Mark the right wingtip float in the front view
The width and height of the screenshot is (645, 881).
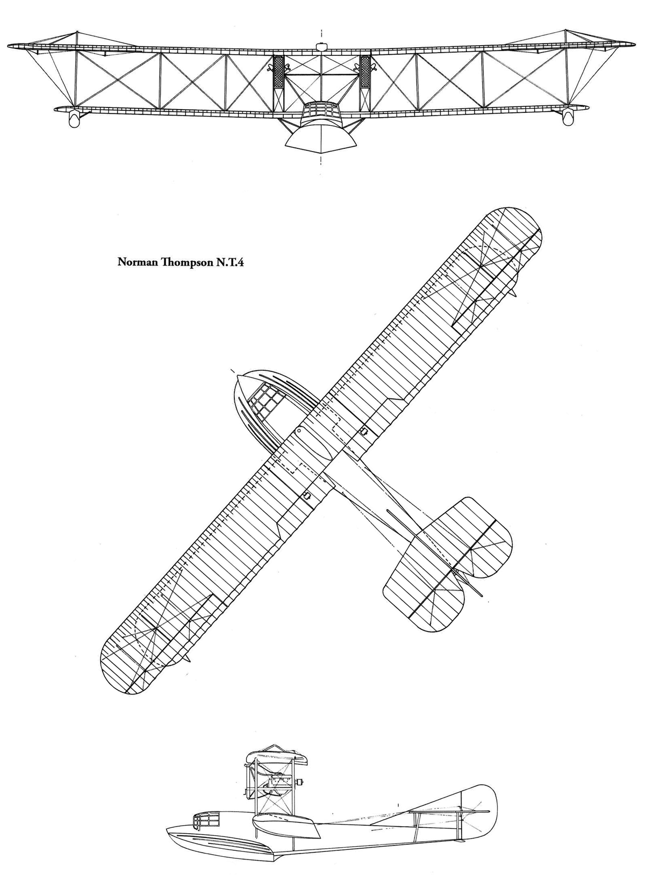pyautogui.click(x=568, y=118)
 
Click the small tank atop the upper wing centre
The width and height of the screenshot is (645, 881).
pyautogui.click(x=321, y=47)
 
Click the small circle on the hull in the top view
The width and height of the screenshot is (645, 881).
pyautogui.click(x=299, y=431)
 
